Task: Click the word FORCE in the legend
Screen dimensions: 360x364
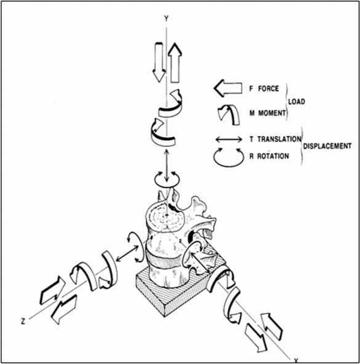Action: point(268,89)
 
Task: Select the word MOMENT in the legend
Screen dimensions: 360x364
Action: point(271,113)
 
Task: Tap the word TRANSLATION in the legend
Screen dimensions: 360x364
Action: point(279,139)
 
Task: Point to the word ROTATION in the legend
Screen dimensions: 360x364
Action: point(273,156)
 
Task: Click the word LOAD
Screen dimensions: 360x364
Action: point(297,101)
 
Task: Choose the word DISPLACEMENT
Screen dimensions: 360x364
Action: point(327,146)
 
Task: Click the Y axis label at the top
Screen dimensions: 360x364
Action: point(166,18)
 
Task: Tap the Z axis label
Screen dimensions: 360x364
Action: point(23,322)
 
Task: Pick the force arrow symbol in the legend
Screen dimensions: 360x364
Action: point(228,88)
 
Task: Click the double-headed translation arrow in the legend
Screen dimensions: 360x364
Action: point(229,140)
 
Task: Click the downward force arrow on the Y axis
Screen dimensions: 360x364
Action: point(159,62)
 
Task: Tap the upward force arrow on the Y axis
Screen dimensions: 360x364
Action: point(175,63)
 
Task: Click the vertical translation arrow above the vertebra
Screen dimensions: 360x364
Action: point(166,166)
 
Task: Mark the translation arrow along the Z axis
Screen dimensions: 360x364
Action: point(127,253)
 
